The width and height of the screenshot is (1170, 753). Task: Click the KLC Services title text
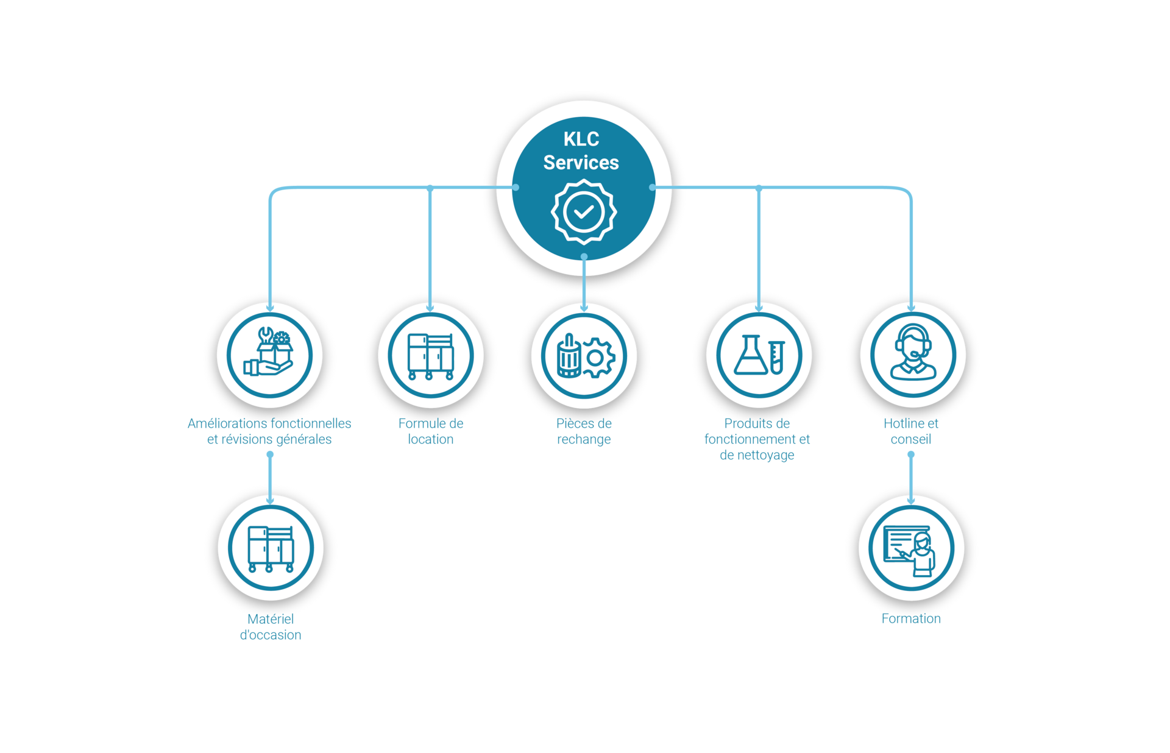click(581, 151)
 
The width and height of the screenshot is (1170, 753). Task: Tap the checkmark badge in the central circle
click(584, 212)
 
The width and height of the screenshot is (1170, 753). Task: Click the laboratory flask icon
click(759, 355)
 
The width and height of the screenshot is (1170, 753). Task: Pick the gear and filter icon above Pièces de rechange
click(584, 356)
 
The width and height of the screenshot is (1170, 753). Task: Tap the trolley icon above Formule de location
click(430, 356)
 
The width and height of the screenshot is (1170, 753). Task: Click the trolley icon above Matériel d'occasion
click(271, 548)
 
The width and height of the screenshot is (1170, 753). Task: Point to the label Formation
click(911, 618)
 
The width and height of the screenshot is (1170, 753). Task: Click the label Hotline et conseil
click(911, 431)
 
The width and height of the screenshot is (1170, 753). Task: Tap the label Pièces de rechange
click(584, 431)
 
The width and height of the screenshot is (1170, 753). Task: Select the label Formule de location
click(430, 431)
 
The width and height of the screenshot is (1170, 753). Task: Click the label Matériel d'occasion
click(271, 626)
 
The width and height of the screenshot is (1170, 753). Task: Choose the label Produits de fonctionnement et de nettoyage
click(757, 439)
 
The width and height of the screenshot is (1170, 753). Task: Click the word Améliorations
click(227, 423)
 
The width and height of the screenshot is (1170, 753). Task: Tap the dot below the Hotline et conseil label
click(911, 454)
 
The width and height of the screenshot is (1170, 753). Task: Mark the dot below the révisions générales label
click(270, 454)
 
